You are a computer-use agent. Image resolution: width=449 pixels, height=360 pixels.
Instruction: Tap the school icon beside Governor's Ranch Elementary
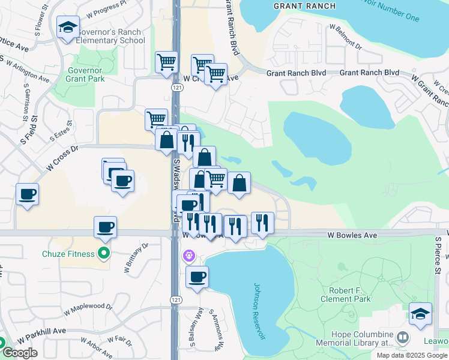point(68,27)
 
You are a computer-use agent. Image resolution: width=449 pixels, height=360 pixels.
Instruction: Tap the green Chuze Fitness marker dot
point(104,254)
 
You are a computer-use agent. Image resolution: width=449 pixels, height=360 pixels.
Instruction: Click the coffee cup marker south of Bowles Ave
point(197,277)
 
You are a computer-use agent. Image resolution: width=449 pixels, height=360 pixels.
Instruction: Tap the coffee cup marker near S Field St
point(28,194)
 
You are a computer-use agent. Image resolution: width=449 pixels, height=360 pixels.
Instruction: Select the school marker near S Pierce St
point(420,313)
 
